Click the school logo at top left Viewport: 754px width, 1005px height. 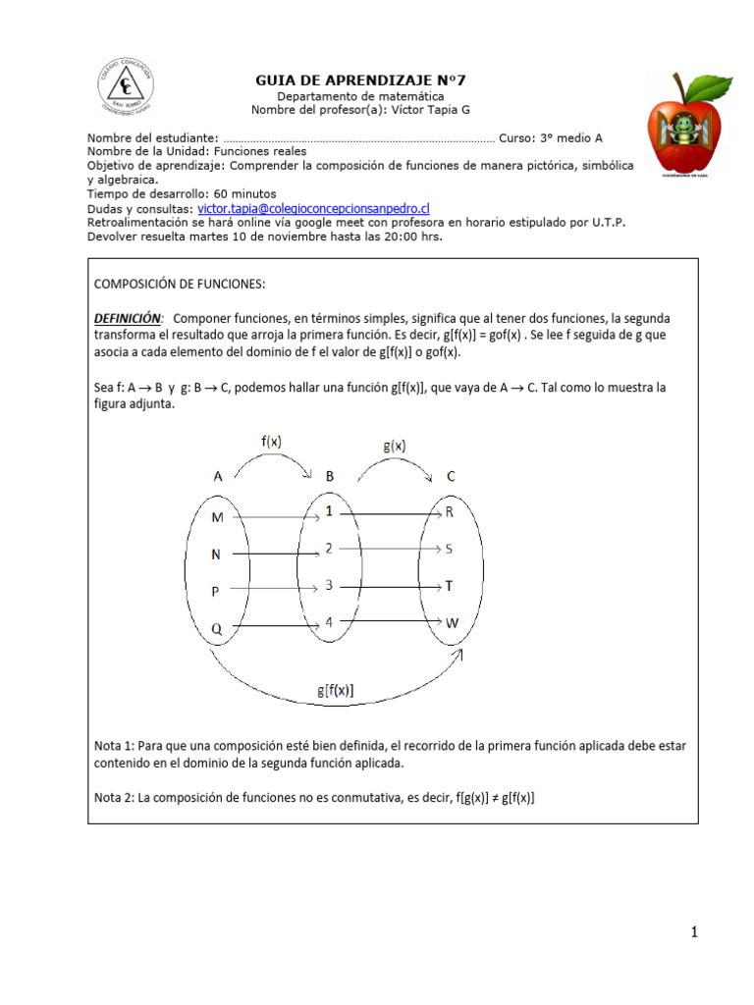tap(125, 85)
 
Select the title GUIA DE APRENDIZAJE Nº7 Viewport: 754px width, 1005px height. tap(360, 79)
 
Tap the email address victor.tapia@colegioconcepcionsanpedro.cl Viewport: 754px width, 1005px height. tap(314, 209)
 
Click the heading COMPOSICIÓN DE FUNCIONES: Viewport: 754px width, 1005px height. tap(180, 284)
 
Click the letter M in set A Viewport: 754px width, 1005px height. tap(217, 517)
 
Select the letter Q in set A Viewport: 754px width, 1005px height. tap(217, 628)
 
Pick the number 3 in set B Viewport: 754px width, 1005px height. tap(329, 586)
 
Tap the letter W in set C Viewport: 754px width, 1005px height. tap(452, 623)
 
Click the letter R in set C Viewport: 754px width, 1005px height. tap(450, 512)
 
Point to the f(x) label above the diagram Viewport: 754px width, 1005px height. tap(271, 442)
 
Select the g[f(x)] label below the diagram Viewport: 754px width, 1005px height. tap(336, 690)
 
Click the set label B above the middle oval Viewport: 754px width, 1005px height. tap(330, 476)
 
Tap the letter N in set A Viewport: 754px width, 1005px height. tap(216, 555)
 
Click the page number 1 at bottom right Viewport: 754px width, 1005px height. tap(693, 932)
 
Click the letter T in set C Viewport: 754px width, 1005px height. tap(450, 586)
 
